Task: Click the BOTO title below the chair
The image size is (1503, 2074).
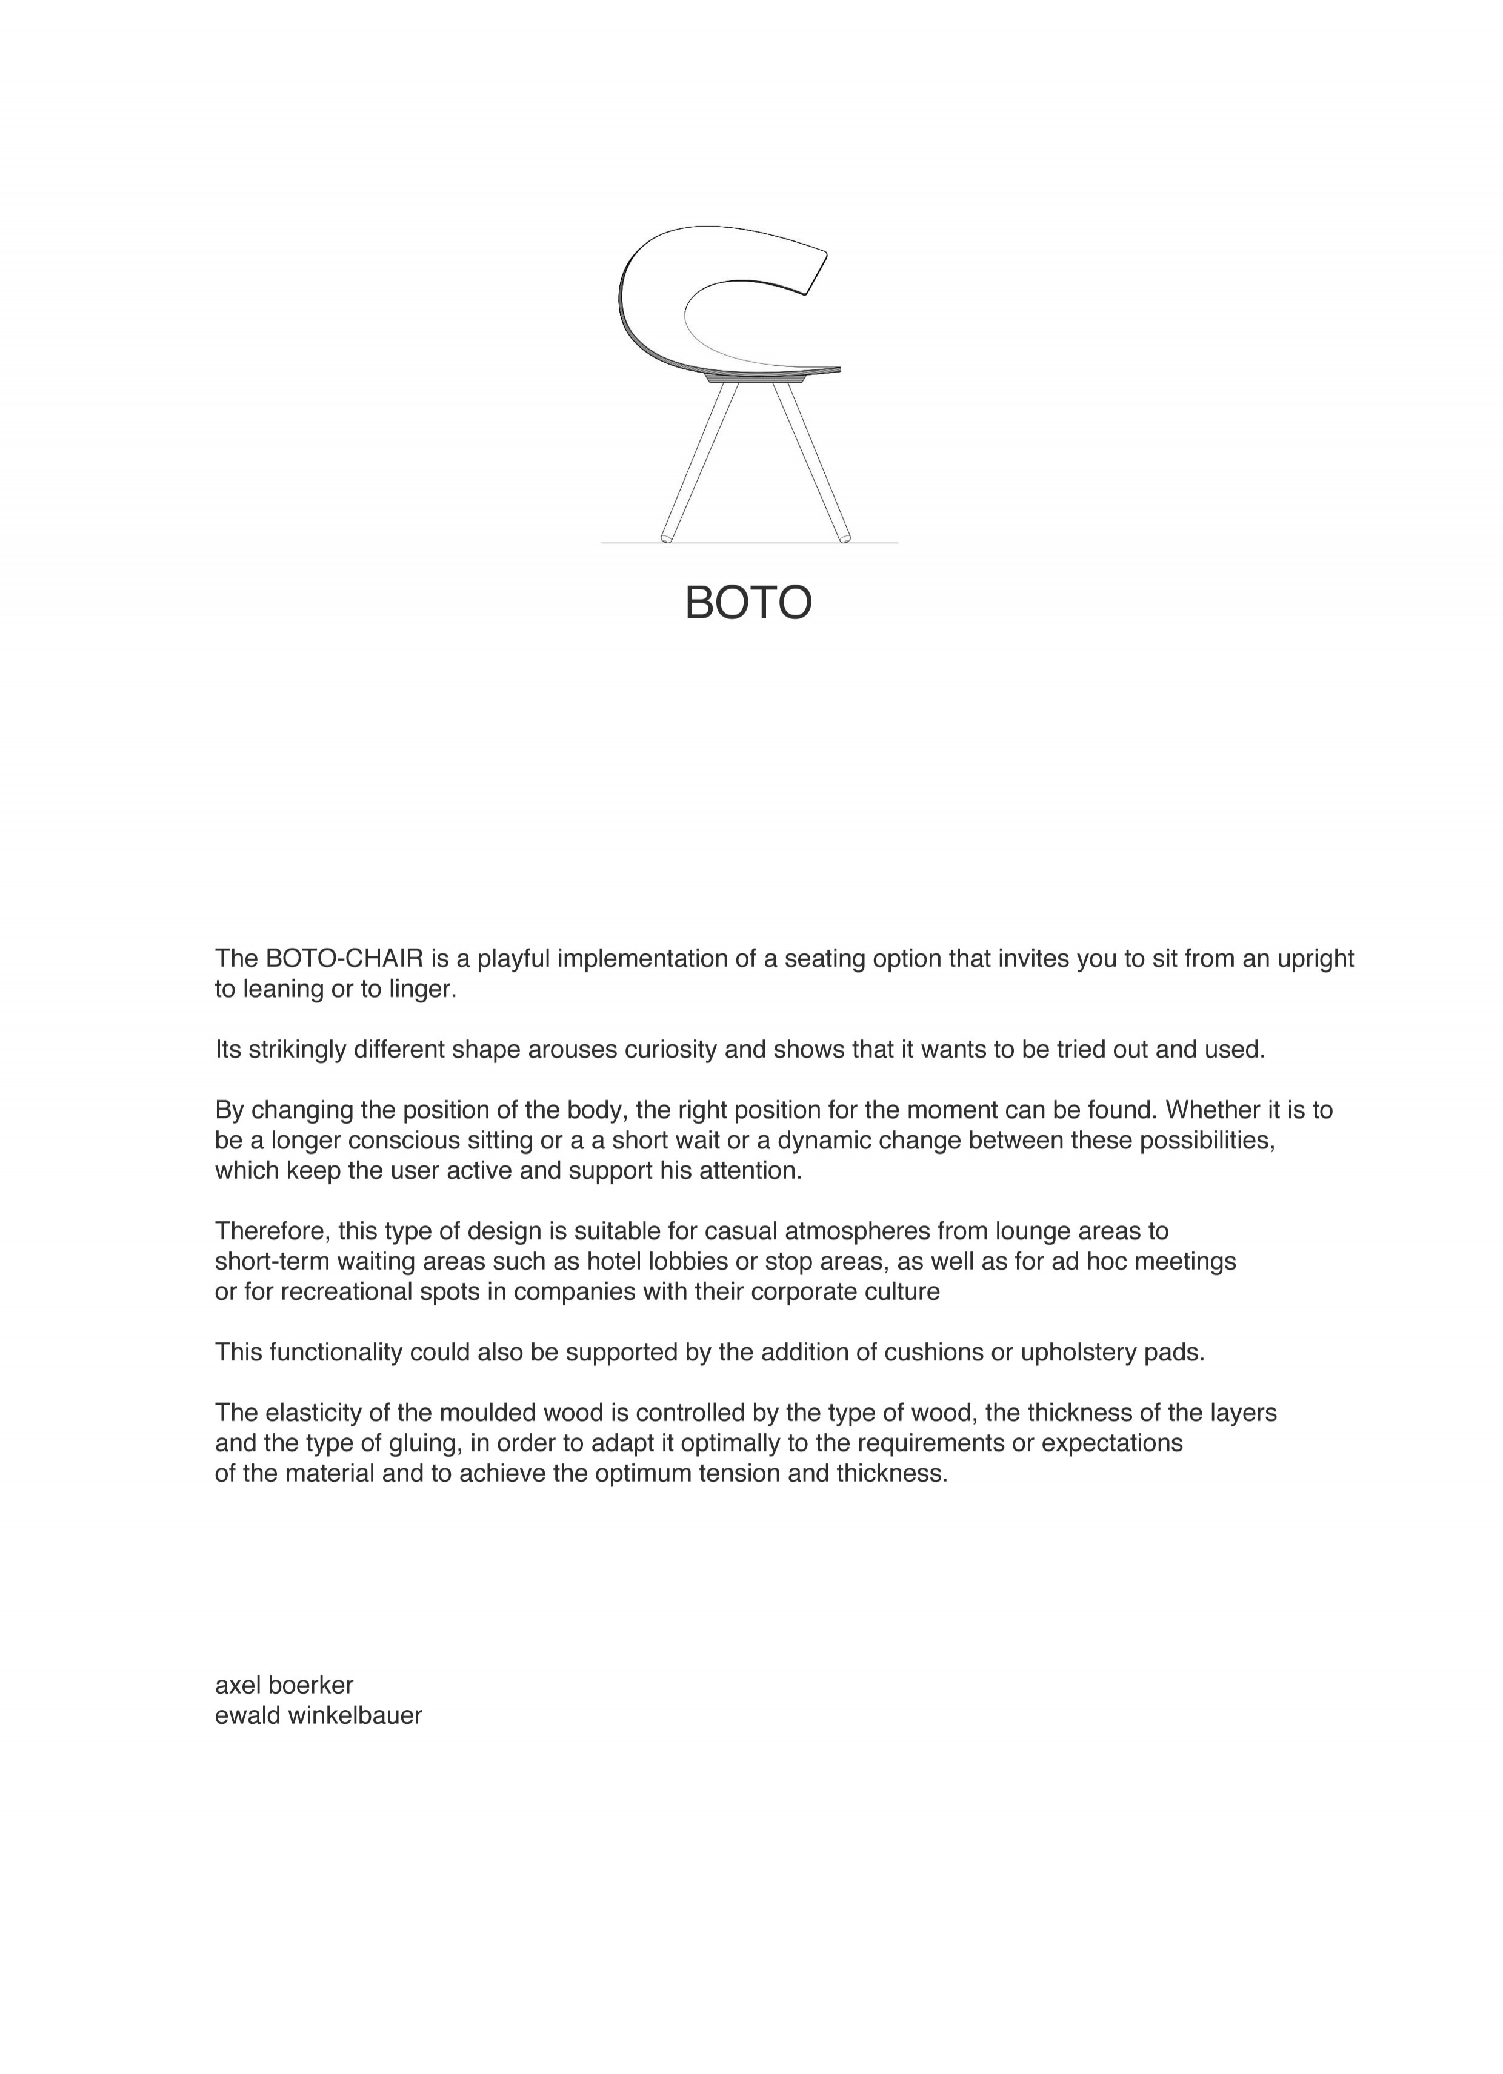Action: click(748, 603)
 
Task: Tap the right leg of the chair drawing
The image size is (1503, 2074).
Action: click(812, 462)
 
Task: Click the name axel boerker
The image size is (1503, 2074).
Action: click(284, 1685)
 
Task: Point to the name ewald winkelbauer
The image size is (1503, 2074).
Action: click(318, 1715)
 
